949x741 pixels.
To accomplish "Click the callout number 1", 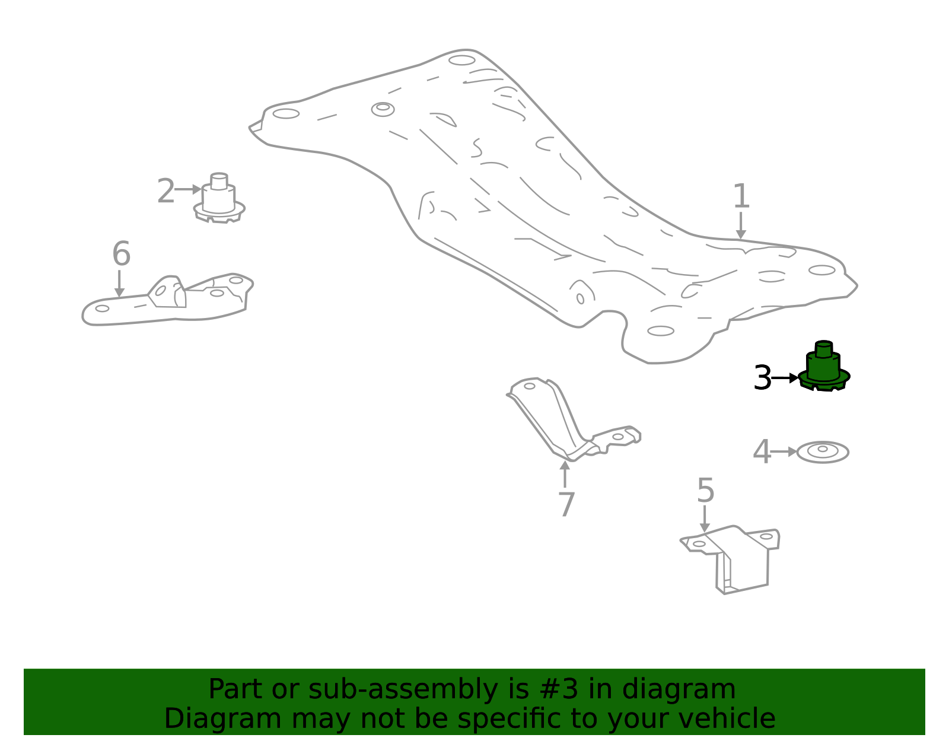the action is click(741, 196).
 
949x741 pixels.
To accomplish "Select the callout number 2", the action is click(166, 191).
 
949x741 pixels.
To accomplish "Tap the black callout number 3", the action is click(763, 378).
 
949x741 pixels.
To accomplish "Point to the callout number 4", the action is click(762, 451).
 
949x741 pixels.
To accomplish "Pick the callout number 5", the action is click(705, 491).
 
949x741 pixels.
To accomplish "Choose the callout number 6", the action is click(122, 253).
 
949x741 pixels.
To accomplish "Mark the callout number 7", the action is click(566, 504).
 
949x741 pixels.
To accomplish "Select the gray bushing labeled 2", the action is click(219, 199).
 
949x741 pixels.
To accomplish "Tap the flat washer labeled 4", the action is click(823, 453).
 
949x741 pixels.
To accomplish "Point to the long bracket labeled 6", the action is click(168, 300).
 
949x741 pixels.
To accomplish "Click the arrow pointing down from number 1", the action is click(741, 226).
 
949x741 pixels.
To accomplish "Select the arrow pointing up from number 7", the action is click(565, 474).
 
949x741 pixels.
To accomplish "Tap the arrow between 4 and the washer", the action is click(784, 451).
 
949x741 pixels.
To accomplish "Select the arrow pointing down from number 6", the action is click(119, 284).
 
